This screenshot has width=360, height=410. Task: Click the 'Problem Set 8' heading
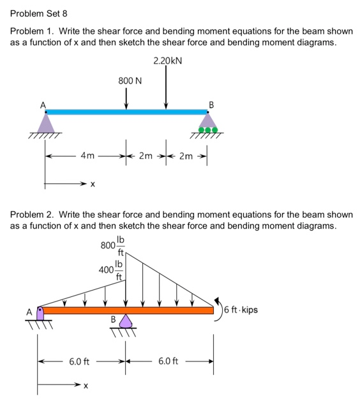click(38, 13)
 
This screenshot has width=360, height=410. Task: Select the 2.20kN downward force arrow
click(166, 87)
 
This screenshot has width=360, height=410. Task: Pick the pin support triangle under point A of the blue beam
click(45, 123)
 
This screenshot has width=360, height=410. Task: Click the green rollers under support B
click(208, 130)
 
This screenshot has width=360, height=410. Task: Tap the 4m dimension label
click(87, 155)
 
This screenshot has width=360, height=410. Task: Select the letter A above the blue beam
click(43, 103)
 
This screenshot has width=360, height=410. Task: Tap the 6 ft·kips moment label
click(242, 310)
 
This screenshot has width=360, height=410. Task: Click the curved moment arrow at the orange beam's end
click(221, 310)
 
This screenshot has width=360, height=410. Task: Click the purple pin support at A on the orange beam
click(40, 313)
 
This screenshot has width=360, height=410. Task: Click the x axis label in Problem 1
click(93, 185)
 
